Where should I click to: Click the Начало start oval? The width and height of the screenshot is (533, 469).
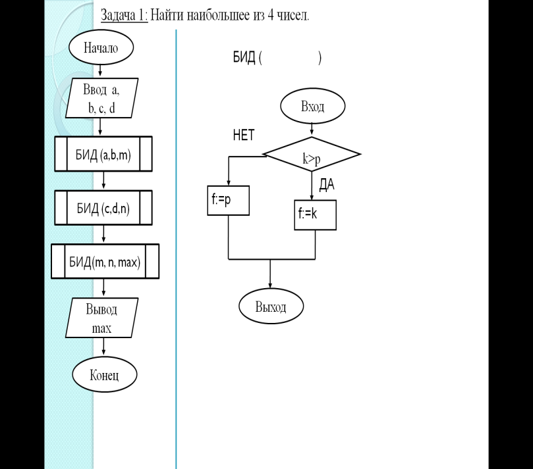(101, 47)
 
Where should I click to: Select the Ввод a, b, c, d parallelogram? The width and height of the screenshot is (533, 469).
(101, 98)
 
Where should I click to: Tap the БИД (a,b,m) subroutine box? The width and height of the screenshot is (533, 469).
(103, 154)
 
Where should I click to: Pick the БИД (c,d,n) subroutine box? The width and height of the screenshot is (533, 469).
(103, 208)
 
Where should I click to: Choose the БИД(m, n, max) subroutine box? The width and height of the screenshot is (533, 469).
(105, 261)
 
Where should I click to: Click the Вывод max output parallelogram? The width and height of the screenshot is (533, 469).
(101, 318)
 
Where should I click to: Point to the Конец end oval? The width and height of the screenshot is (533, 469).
(104, 375)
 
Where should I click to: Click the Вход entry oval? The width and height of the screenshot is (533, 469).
(313, 106)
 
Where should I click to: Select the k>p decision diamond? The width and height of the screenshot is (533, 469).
(312, 154)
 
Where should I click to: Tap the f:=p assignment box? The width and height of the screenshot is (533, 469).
(229, 201)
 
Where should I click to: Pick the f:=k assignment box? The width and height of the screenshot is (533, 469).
(316, 215)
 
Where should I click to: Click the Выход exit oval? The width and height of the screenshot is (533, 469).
(271, 306)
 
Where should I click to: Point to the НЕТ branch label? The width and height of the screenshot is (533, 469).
(244, 135)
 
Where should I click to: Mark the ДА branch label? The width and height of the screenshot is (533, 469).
(327, 184)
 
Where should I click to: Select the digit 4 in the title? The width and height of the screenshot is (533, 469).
(271, 15)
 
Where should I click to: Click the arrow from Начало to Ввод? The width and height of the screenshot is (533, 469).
(100, 70)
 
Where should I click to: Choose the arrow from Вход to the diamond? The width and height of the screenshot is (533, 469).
(312, 130)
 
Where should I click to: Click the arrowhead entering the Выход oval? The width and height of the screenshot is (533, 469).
(270, 285)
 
